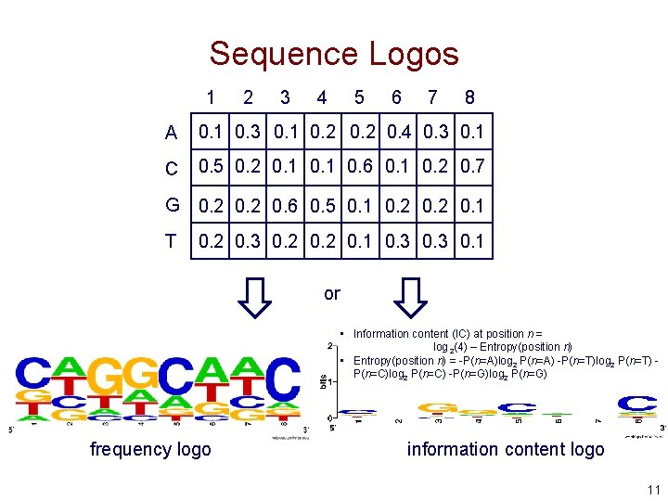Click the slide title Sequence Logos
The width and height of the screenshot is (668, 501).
334,54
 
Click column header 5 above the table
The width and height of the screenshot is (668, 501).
359,97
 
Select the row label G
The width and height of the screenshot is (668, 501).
171,205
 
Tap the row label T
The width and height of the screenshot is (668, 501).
171,241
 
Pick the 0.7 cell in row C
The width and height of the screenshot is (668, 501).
472,168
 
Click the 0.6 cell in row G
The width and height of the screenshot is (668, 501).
285,205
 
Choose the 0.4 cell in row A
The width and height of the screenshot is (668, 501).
397,132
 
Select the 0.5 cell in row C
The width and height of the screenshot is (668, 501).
211,168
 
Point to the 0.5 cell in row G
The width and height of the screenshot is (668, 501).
322,205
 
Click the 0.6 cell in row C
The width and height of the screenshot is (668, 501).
360,168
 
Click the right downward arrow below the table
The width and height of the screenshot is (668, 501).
409,297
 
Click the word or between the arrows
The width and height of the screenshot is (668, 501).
332,294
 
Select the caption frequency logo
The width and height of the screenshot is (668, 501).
150,450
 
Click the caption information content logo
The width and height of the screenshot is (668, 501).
505,450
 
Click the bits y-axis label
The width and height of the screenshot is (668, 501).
322,381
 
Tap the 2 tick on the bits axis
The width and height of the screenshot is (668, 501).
331,346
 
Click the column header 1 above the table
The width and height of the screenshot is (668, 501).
211,97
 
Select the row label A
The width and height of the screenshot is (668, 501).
171,133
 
